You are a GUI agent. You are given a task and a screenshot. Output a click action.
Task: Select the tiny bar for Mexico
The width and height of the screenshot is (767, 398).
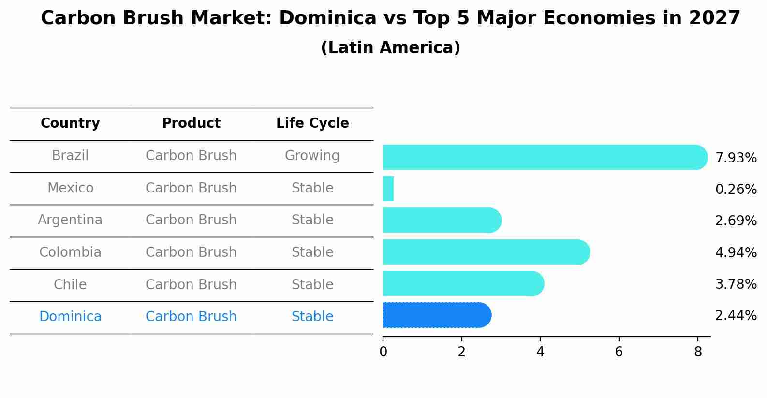pos(388,189)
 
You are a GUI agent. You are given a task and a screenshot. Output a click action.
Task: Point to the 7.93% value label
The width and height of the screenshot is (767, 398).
pos(736,158)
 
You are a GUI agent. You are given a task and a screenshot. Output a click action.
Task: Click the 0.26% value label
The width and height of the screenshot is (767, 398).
pos(736,189)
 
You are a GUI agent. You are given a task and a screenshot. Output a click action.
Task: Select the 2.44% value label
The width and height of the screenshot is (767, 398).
pos(736,316)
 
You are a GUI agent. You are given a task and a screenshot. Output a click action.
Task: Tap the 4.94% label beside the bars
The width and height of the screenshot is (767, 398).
pos(736,252)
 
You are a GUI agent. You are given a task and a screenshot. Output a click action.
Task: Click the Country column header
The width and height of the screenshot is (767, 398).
pos(70,123)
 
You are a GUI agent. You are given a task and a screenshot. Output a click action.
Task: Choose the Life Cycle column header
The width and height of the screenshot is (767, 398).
pos(312,123)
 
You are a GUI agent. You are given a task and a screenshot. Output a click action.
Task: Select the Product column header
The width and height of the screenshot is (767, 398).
pos(191,123)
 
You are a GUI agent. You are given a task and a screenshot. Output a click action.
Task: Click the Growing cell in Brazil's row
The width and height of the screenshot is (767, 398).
pos(312,156)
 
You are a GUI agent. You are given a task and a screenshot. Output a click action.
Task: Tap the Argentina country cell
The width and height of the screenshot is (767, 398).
pos(70,220)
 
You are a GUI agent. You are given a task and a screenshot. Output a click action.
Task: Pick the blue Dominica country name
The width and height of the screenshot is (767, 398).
pos(70,317)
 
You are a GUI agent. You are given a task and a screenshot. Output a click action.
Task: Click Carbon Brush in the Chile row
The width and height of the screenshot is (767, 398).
pos(191,284)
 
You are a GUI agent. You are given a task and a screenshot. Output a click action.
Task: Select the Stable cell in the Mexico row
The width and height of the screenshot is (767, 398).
pos(312,188)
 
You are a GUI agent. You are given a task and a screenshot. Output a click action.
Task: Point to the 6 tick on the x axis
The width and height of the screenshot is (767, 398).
pos(619,352)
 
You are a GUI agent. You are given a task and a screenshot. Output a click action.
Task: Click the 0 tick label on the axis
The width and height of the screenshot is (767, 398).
pos(383,352)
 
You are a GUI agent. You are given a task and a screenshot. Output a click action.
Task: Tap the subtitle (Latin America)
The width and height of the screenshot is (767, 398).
pos(390,48)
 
